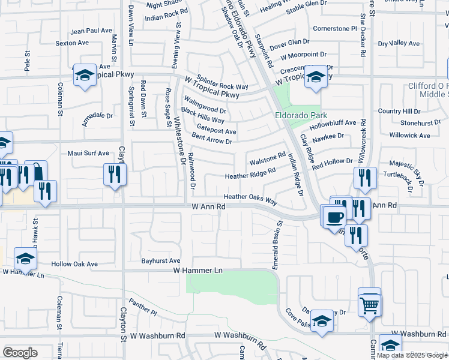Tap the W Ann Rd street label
(208, 206)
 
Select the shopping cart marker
(369, 305)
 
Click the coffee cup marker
(334, 217)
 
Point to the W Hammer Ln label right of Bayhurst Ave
(197, 271)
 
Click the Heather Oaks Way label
(250, 197)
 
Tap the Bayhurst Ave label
(161, 261)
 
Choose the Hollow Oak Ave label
(74, 264)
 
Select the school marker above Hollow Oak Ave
(26, 259)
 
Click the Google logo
(20, 353)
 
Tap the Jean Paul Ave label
(91, 31)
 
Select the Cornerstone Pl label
(335, 28)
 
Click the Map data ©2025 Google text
(411, 355)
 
